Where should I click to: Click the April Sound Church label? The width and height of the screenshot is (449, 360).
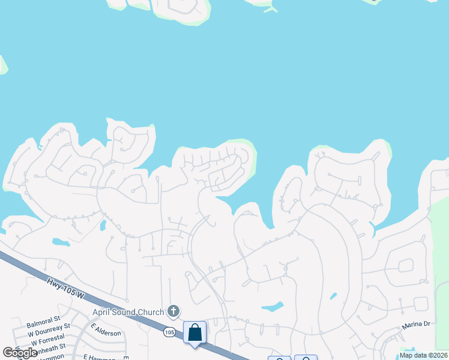[128, 312]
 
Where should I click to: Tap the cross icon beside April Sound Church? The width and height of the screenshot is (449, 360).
[173, 311]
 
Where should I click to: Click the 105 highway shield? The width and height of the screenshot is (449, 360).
[170, 332]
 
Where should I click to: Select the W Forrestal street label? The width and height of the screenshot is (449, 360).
[47, 337]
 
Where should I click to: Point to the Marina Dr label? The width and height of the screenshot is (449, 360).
[416, 325]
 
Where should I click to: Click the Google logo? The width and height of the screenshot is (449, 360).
[20, 352]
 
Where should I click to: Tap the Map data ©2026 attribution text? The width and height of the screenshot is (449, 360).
[423, 355]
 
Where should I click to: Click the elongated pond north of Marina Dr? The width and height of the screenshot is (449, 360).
[273, 307]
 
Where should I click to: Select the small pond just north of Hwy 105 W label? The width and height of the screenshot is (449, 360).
[61, 242]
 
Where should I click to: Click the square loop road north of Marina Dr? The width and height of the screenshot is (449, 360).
[406, 265]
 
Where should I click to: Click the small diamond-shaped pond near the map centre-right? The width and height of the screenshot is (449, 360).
[333, 296]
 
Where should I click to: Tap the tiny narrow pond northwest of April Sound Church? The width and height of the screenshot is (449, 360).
[103, 226]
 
